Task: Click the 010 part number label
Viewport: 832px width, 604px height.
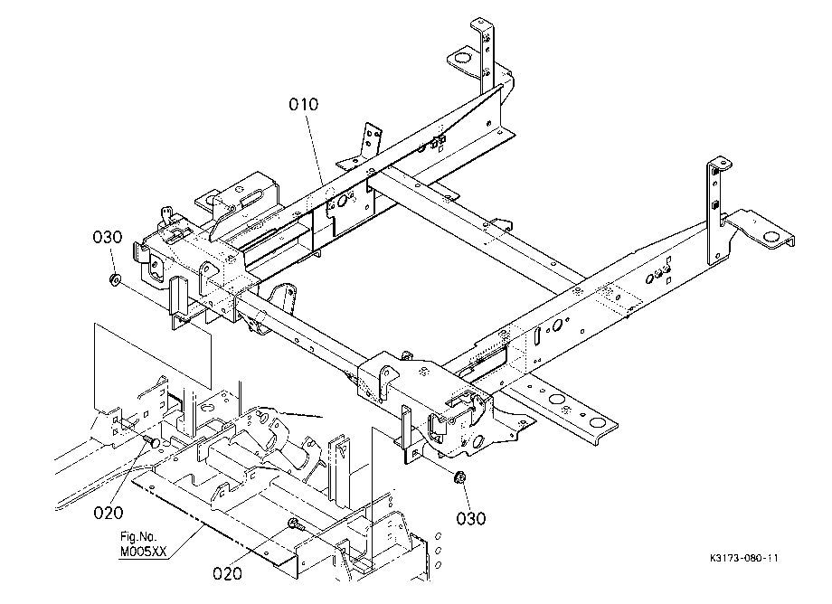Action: tap(304, 105)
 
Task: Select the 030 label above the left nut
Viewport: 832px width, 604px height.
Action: tap(108, 237)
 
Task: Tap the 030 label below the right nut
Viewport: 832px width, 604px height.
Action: tap(470, 518)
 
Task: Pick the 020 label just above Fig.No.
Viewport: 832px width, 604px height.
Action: tap(109, 513)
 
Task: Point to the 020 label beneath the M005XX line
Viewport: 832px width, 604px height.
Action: tap(227, 573)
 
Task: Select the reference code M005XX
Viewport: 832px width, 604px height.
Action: tap(143, 552)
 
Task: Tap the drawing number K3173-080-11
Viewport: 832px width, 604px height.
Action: tap(744, 558)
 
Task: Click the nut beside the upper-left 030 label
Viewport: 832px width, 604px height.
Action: tap(114, 278)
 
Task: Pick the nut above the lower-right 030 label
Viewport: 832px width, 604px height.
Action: tap(459, 477)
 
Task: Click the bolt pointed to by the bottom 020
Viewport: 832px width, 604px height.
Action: tap(296, 524)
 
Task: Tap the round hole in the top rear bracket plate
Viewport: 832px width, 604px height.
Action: tap(461, 58)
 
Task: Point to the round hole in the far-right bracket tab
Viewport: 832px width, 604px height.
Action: tap(770, 237)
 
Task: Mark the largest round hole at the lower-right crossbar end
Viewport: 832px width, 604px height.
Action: tap(597, 422)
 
